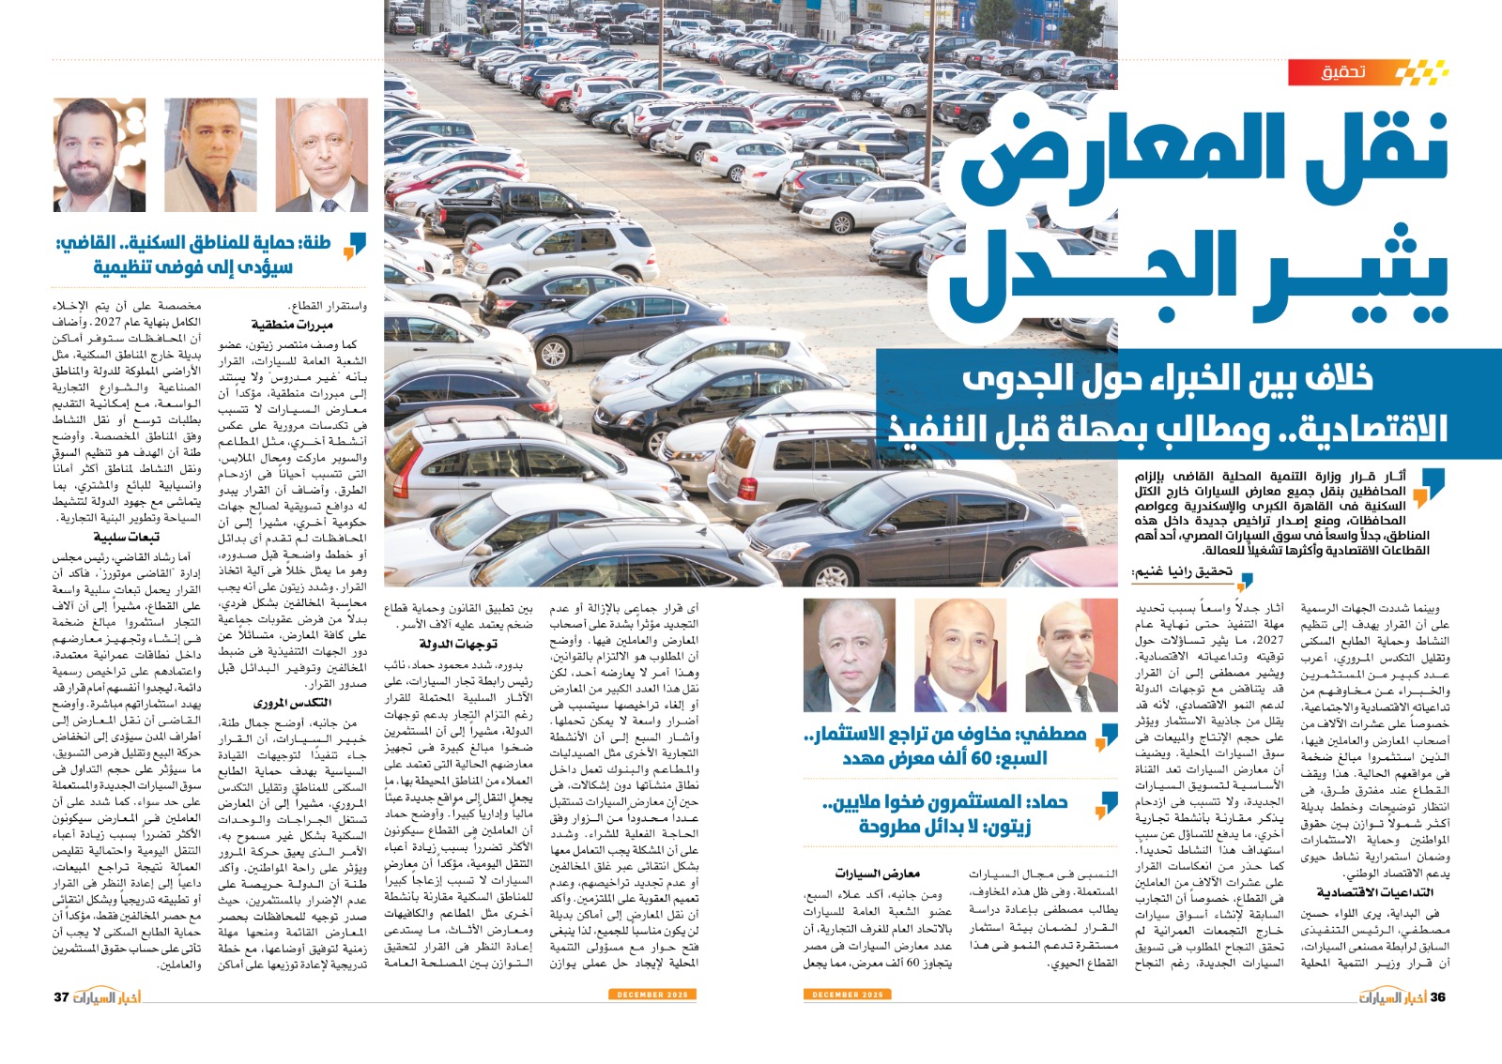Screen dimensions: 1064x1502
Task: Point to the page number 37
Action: coord(62,996)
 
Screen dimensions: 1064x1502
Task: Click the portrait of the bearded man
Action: coord(86,155)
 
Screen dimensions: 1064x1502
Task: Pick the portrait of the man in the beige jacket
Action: coord(210,155)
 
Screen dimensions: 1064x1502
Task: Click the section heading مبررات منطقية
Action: coord(292,325)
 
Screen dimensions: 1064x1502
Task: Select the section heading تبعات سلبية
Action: coord(127,538)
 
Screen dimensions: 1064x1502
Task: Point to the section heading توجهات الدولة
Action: coord(458,644)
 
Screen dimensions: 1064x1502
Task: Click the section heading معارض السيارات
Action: coord(877,874)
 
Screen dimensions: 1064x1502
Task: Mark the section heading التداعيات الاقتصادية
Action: coord(1373,891)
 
